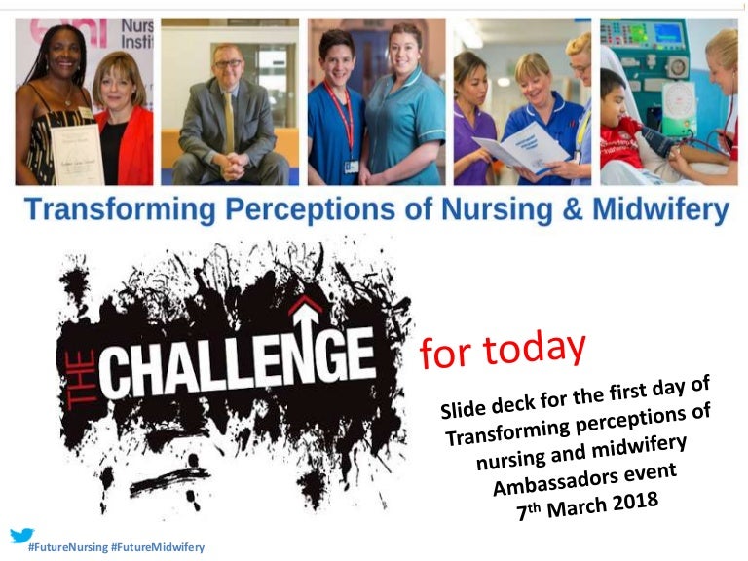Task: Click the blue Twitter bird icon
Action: pos(21,535)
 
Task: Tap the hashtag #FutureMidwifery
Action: pos(158,547)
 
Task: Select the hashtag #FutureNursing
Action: pos(68,547)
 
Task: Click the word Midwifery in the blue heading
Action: pos(660,209)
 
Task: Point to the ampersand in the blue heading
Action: pos(572,209)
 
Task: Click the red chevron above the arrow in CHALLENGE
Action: pos(306,304)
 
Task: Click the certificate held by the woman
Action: pos(77,154)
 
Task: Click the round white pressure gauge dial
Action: pos(678,101)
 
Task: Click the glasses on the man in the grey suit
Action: pos(228,63)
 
